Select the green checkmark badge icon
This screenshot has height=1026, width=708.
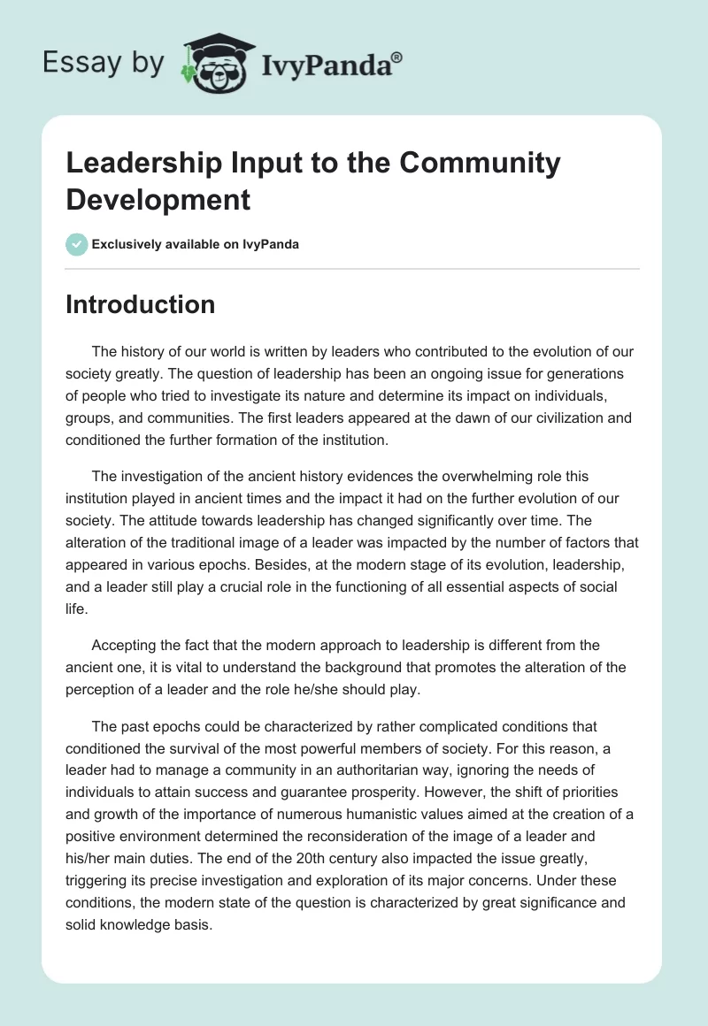(x=77, y=244)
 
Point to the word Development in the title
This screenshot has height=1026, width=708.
(x=158, y=199)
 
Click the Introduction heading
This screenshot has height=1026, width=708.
(x=140, y=304)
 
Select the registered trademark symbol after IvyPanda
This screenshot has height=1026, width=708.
(x=397, y=56)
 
